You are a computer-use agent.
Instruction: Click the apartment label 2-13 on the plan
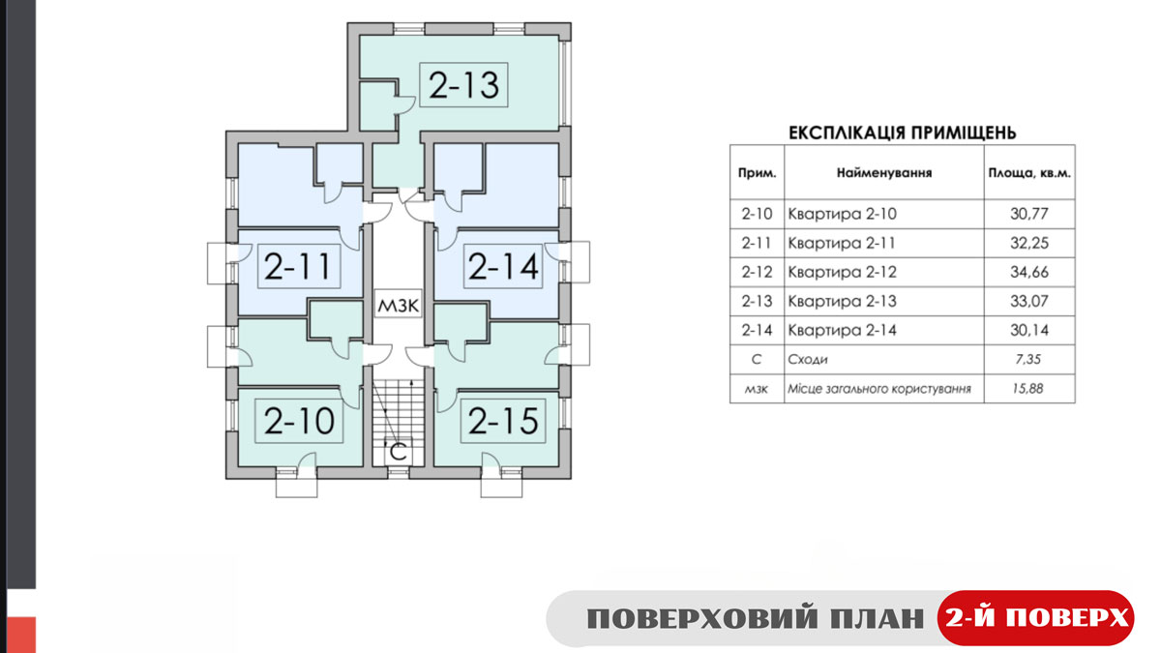coord(463,85)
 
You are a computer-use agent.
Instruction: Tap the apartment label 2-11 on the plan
coord(298,266)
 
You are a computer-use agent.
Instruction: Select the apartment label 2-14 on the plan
coord(503,266)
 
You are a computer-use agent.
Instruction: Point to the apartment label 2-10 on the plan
coord(299,420)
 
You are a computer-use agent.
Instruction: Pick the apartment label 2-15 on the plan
coord(503,420)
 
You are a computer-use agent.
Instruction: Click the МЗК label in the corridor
coord(398,305)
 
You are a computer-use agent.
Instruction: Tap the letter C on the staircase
coord(398,453)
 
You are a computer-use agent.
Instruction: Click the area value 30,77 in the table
coord(1029,214)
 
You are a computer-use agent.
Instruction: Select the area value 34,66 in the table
coord(1029,272)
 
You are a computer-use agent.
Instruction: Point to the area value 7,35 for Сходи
coord(1028,359)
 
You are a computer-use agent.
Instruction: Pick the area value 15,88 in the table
coord(1028,388)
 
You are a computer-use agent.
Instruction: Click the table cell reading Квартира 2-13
coord(843,301)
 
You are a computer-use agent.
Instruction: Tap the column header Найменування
coord(884,172)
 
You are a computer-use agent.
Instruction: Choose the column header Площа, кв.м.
coord(1029,173)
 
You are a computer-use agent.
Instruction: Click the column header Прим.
coord(758,172)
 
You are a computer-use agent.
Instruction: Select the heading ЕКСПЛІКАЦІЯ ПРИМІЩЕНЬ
coord(903,133)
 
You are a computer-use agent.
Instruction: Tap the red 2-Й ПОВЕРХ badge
coord(1036,618)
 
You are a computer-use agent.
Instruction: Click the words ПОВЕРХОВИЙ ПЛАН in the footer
coord(756,619)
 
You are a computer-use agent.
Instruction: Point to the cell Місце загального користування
coord(879,389)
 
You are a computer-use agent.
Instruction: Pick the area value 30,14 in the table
coord(1029,330)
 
